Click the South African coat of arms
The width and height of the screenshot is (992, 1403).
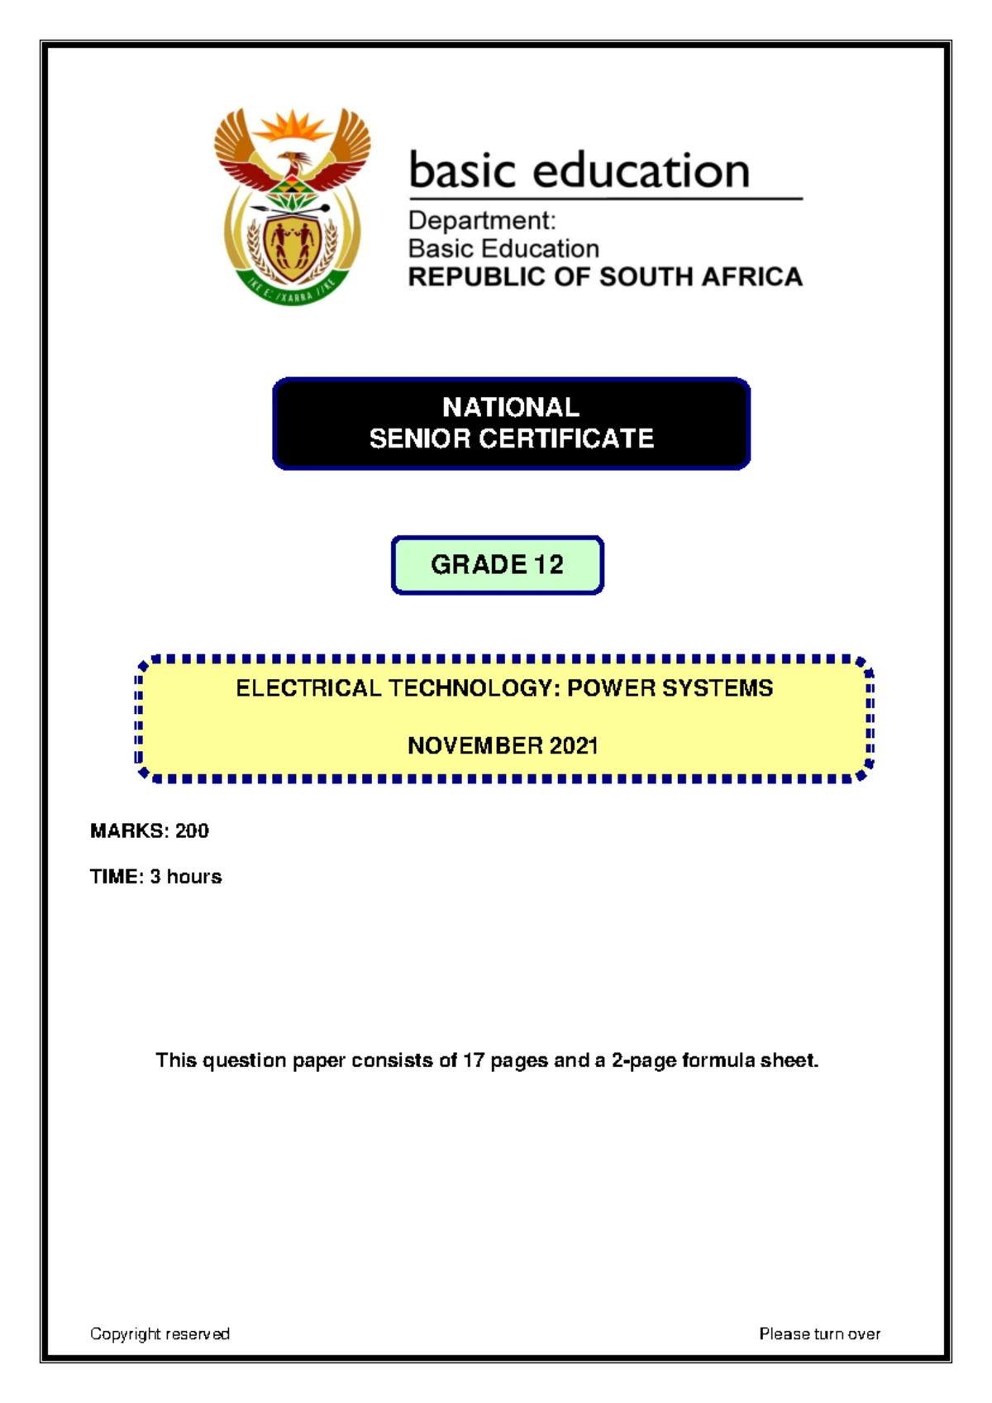292,207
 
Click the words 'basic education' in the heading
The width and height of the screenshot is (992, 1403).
579,170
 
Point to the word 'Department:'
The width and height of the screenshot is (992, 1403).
482,221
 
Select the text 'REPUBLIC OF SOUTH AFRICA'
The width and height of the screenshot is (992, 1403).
605,277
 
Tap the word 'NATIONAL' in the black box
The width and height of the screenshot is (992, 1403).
511,407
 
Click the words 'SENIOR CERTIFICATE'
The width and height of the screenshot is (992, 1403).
511,438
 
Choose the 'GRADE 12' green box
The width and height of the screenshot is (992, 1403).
497,565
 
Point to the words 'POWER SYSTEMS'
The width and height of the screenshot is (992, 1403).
670,688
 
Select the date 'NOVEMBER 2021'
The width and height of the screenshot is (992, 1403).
503,746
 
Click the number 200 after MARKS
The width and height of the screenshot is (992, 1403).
192,831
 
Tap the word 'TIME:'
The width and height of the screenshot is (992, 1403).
117,877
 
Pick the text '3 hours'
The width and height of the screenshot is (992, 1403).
186,877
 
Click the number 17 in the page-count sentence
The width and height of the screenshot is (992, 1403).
474,1061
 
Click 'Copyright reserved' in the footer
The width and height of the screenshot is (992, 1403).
160,1334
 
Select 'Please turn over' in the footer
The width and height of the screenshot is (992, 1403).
819,1334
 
